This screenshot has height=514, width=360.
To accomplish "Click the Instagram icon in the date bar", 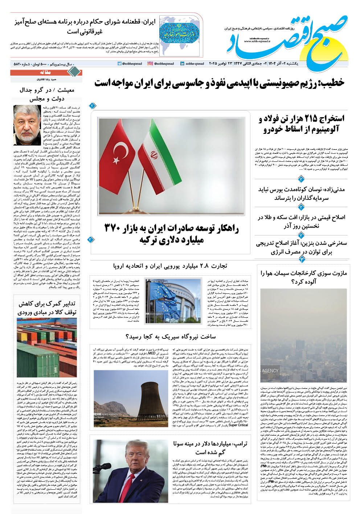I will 150,63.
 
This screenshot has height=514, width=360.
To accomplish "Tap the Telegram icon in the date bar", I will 120,63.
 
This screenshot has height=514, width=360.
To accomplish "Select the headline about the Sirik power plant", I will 170,337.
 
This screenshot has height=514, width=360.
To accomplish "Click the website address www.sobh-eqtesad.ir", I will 256,41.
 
